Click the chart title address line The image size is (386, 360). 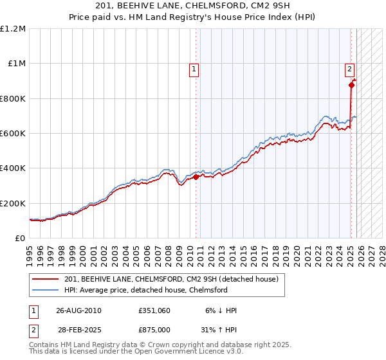pos(193,6)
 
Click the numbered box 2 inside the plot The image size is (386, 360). pos(349,69)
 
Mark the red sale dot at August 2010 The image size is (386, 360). pos(196,177)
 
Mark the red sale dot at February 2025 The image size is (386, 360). pos(351,85)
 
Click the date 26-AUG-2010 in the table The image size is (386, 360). pos(78,310)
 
